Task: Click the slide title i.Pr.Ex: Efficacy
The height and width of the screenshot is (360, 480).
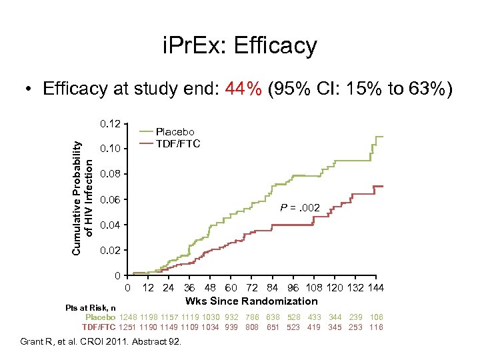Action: tap(240, 47)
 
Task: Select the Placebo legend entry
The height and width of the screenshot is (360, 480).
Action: tap(175, 132)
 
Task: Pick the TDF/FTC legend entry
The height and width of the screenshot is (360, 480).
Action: tap(177, 143)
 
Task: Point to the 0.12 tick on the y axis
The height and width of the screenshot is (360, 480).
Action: tap(109, 124)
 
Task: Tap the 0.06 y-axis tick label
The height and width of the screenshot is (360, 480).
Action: tap(109, 200)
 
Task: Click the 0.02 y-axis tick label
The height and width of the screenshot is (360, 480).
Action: tap(109, 251)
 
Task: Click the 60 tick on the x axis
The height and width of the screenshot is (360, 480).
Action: tap(230, 288)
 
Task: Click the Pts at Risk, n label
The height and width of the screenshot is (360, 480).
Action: tap(91, 307)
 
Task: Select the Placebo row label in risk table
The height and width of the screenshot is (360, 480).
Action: tap(101, 317)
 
